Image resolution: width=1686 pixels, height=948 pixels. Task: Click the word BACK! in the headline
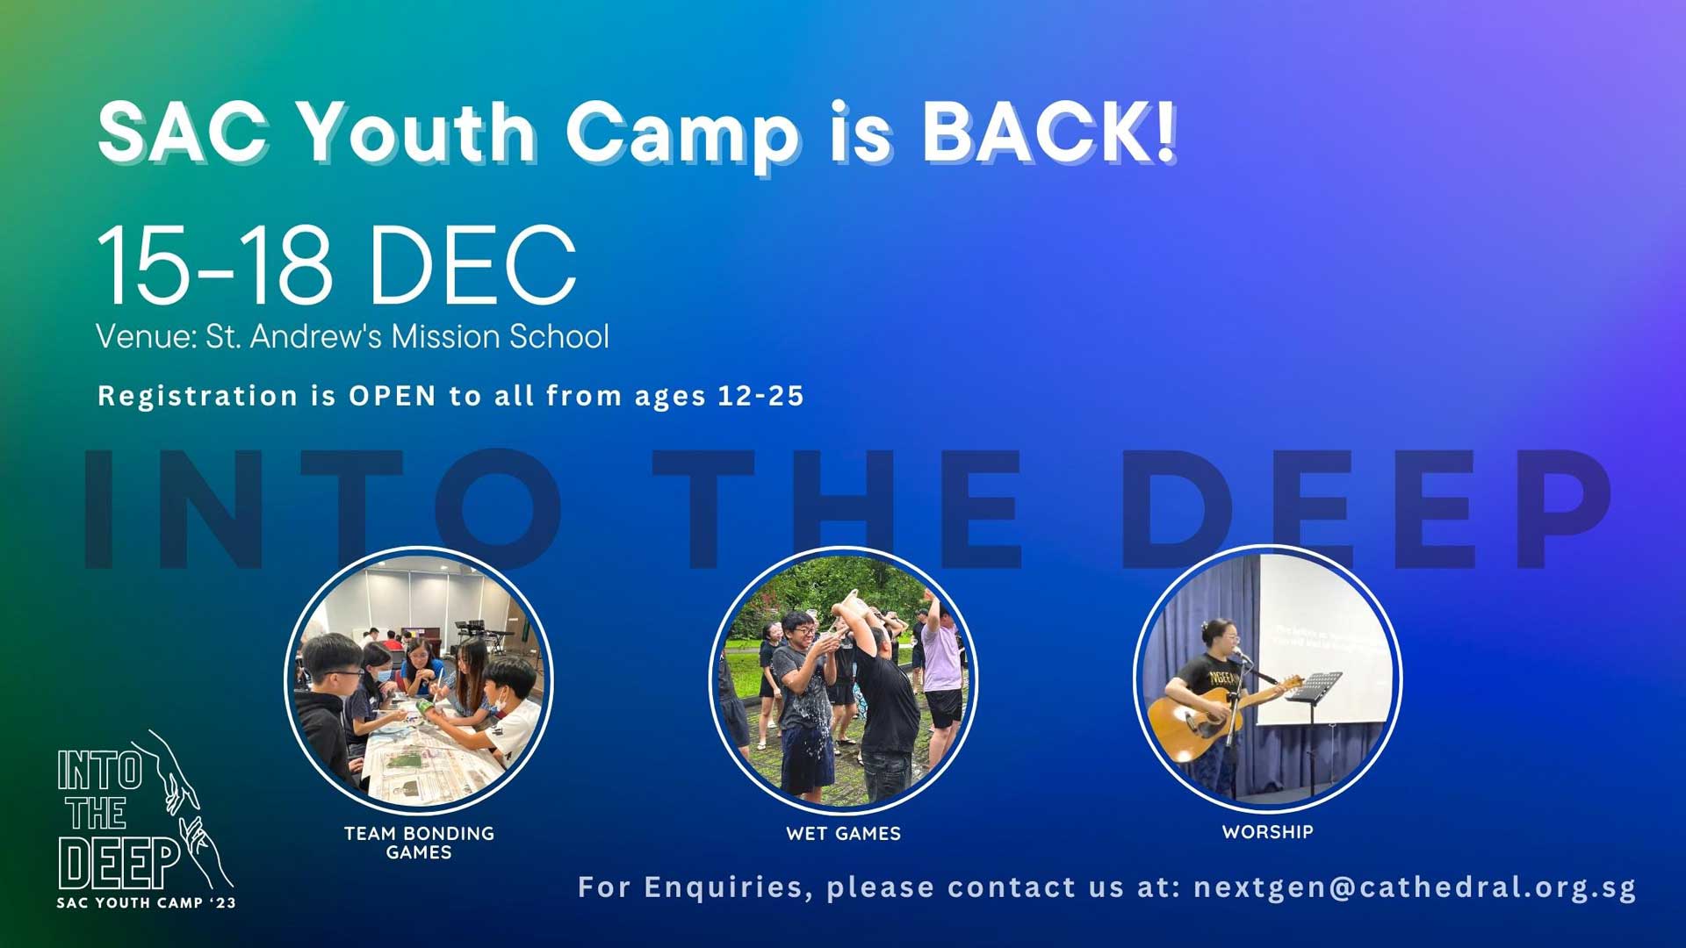click(x=1049, y=133)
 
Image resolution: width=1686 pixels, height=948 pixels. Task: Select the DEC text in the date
click(x=472, y=264)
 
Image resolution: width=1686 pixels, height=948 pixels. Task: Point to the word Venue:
click(x=147, y=336)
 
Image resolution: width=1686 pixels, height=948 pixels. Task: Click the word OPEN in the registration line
click(x=393, y=396)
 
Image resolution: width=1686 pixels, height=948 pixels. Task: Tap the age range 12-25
click(x=760, y=396)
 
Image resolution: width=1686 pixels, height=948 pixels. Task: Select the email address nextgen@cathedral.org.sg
click(x=1415, y=887)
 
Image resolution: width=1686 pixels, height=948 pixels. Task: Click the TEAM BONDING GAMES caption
click(x=419, y=843)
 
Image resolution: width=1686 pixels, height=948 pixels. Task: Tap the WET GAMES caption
click(x=844, y=834)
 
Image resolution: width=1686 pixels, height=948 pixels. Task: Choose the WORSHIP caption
click(x=1268, y=832)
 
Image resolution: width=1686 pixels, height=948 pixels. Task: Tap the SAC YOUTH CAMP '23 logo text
click(x=147, y=903)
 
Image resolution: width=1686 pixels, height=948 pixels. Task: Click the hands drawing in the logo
click(x=189, y=808)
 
